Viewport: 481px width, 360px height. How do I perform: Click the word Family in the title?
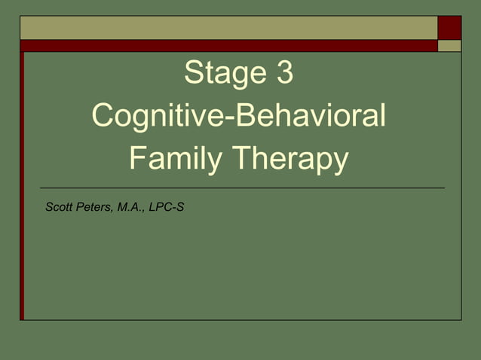176,160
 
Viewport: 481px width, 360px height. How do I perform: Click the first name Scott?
59,206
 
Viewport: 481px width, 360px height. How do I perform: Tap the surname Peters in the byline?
93,206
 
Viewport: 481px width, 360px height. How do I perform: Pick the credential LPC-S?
167,206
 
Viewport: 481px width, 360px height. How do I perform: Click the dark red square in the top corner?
449,27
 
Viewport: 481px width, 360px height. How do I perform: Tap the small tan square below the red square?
449,45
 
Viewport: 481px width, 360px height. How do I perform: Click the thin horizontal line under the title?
241,187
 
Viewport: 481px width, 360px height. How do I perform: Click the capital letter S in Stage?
193,74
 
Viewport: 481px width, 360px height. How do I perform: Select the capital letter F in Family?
136,160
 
